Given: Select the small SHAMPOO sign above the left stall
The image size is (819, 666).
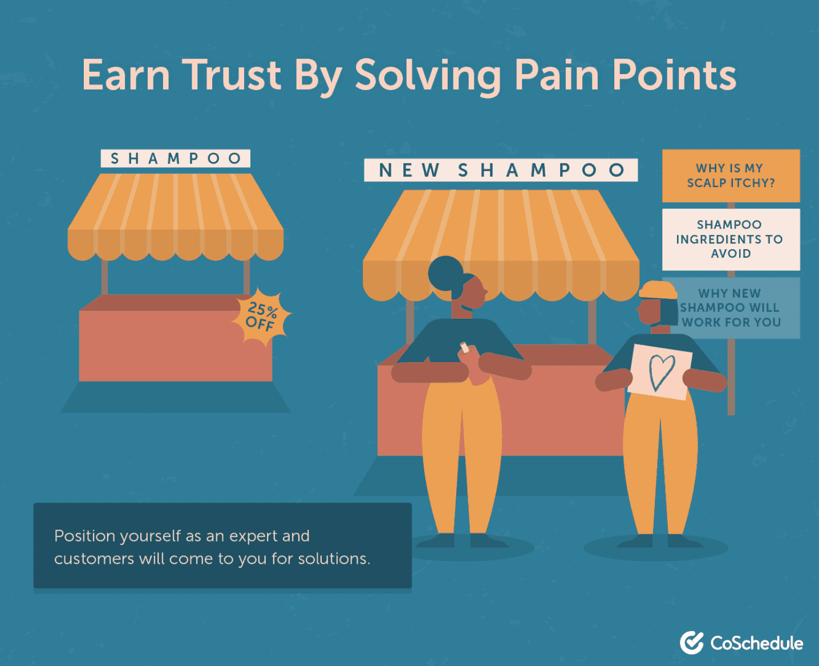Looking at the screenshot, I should click(176, 159).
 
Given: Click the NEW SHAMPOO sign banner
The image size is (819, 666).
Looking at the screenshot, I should click(501, 170).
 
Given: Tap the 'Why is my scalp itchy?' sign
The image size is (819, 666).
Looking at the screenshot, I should click(731, 176).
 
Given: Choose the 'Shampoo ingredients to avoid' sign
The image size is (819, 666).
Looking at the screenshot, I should click(731, 239).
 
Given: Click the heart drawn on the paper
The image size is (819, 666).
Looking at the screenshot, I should click(662, 371).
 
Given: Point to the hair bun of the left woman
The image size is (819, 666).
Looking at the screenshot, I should click(445, 273).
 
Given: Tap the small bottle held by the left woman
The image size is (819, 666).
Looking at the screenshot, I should click(464, 347).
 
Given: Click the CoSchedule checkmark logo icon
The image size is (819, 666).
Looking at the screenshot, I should click(692, 643).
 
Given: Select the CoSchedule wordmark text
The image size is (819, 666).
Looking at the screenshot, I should click(756, 643).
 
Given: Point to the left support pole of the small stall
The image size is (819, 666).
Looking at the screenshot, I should click(105, 277).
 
